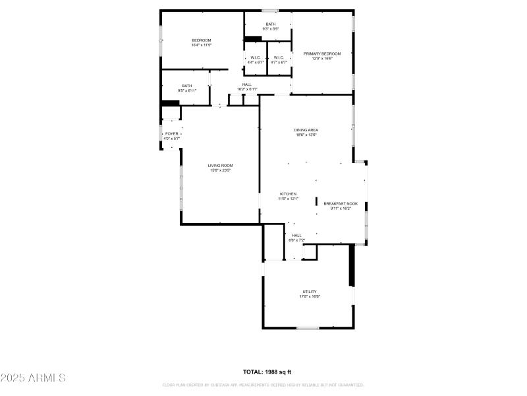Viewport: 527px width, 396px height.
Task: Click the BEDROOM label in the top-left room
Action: tap(202, 40)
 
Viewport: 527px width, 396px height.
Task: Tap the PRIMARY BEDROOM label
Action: tap(322, 53)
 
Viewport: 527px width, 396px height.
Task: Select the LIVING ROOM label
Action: tap(221, 166)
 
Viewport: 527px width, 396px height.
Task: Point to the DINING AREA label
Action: tap(306, 130)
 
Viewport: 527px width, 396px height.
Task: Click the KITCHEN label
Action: tap(288, 194)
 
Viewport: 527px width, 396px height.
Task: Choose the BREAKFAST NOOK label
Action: tap(341, 204)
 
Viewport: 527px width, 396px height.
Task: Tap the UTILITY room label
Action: tap(310, 292)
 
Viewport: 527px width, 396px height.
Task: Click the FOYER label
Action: tap(172, 134)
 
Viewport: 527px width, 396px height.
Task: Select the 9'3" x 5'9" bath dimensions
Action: tap(271, 29)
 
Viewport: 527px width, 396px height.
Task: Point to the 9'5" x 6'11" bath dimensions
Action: tap(187, 90)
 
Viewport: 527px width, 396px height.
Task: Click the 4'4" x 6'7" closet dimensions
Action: tap(255, 62)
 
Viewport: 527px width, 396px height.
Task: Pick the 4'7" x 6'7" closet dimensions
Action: tap(279, 62)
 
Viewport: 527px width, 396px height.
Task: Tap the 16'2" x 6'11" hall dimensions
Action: tap(247, 90)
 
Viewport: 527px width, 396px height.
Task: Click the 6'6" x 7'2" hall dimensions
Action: tap(296, 240)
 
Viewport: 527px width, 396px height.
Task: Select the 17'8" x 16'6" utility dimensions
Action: tap(310, 297)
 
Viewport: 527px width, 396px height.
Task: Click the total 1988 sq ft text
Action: tap(267, 372)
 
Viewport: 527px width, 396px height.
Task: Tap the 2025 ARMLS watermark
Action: tap(33, 378)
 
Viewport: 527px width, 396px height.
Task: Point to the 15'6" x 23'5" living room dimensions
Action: tap(221, 171)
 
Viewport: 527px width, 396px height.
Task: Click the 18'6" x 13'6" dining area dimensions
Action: tap(306, 135)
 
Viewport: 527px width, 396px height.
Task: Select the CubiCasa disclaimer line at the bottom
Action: tap(263, 385)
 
